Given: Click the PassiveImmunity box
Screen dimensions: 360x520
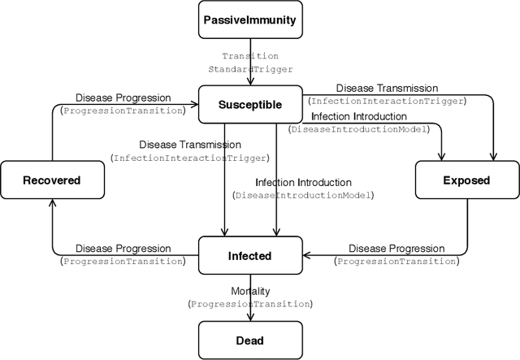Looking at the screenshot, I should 250,20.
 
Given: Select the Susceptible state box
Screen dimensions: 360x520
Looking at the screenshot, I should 250,105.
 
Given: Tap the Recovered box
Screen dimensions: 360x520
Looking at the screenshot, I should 52,180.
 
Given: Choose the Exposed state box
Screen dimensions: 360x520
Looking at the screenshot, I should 467,180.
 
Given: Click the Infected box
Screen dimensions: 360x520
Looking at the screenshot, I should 250,255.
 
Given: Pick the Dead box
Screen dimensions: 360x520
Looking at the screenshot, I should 250,340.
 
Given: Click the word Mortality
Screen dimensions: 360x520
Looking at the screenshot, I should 250,291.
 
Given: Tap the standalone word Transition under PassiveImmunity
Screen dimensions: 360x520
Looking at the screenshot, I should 250,56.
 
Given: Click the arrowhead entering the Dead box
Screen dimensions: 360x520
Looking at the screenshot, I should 250,318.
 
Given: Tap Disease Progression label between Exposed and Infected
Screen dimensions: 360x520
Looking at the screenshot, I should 396,248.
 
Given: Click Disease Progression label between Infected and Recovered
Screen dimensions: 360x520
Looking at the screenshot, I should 123,248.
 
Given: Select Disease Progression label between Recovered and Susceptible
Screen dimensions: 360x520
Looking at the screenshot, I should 123,98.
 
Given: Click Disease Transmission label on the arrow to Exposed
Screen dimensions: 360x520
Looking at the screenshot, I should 387,89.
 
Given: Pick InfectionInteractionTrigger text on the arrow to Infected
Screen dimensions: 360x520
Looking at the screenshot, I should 190,158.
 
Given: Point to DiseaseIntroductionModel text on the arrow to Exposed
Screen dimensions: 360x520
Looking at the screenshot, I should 364,129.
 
